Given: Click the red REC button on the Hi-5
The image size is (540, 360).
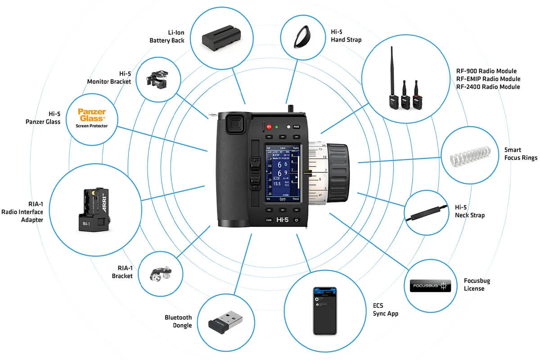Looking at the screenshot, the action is tap(269, 127).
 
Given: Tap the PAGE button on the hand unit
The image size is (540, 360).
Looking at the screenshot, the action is tap(296, 127).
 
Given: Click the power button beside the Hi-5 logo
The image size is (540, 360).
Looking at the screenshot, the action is tap(296, 220).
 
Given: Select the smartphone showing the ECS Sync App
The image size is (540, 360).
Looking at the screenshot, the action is tap(324, 310).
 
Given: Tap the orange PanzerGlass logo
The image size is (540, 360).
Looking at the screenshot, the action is tap(92, 114).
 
